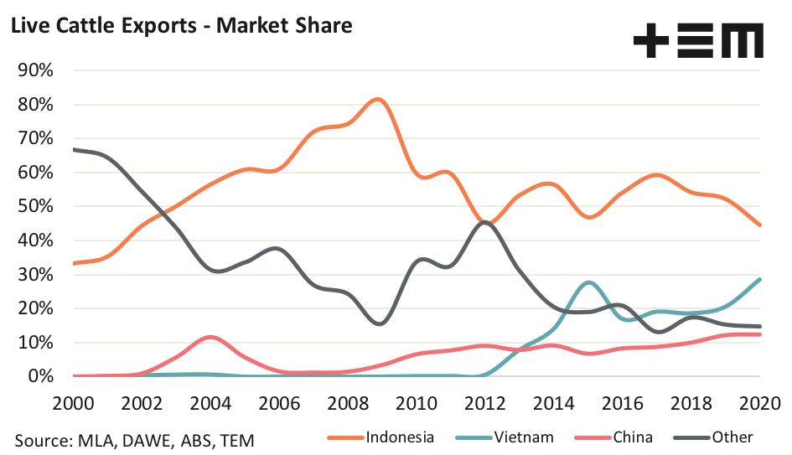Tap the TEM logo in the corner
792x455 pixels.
click(698, 40)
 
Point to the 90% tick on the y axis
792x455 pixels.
click(35, 70)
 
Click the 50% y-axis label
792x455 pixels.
click(35, 206)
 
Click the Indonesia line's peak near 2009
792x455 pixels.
click(378, 100)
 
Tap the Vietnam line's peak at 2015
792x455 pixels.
click(589, 282)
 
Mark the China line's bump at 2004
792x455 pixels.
click(211, 337)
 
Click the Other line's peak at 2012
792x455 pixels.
click(487, 222)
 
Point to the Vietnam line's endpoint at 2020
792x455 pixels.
click(759, 279)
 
